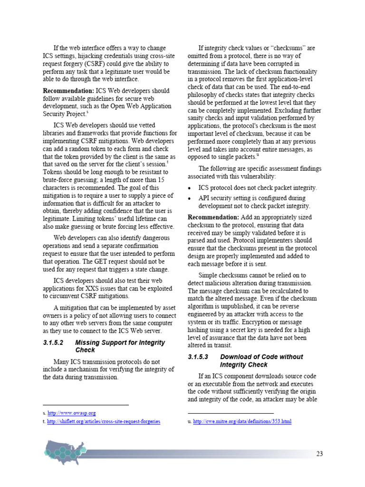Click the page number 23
[319, 454]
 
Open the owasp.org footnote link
[71, 413]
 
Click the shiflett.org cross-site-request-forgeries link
[104, 421]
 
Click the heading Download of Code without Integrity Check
[261, 360]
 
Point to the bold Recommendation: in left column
[68, 90]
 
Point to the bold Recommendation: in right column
[213, 217]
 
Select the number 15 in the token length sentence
[161, 180]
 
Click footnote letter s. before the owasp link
[44, 413]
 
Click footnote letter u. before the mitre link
[190, 421]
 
